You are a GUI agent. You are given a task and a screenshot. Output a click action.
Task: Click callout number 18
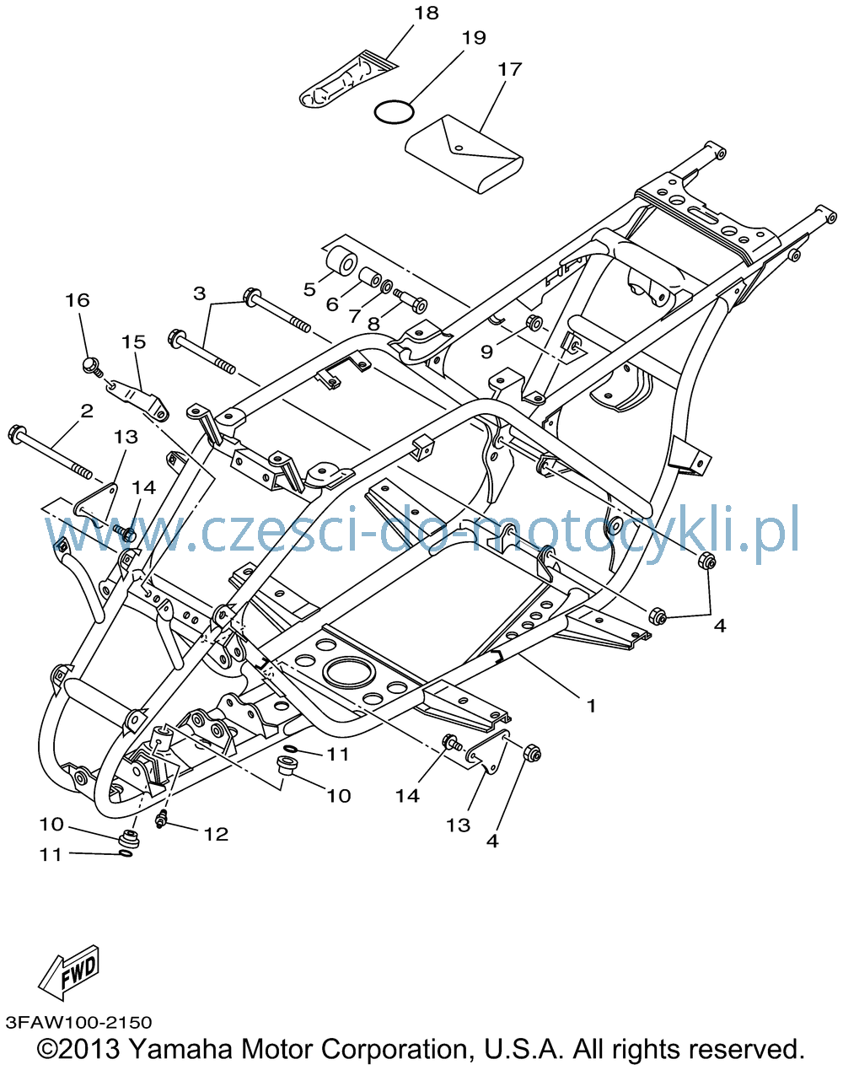click(x=426, y=13)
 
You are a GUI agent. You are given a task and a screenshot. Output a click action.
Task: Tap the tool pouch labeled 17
click(x=464, y=154)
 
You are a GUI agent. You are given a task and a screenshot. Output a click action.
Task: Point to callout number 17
click(x=509, y=70)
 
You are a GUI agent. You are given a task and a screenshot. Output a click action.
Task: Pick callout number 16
click(x=78, y=300)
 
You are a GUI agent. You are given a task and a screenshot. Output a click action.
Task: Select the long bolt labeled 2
click(x=51, y=451)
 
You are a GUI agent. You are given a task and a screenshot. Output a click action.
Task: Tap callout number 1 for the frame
click(x=591, y=705)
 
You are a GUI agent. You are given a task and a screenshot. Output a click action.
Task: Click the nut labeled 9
click(x=534, y=322)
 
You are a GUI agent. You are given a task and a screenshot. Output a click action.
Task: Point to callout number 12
click(x=216, y=834)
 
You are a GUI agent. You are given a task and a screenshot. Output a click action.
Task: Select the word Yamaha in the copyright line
click(x=180, y=1049)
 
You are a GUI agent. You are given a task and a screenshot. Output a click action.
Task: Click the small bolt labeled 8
click(x=411, y=300)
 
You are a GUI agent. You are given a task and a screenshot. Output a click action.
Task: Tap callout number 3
click(x=199, y=293)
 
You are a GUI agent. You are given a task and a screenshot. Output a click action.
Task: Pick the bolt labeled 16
click(x=93, y=367)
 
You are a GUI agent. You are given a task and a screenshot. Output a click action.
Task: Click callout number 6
click(x=332, y=304)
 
